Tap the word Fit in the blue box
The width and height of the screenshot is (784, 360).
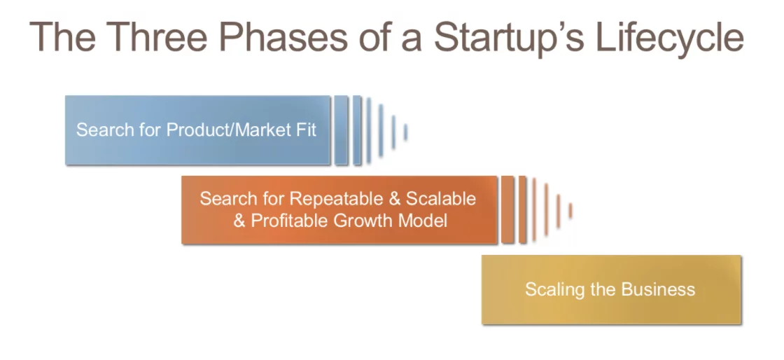tap(305, 130)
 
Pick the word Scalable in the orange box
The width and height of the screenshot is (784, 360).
tap(440, 198)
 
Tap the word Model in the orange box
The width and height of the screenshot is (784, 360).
tap(423, 221)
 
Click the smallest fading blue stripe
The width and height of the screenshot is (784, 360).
tap(405, 132)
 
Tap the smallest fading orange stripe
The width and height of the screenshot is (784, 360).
tap(570, 211)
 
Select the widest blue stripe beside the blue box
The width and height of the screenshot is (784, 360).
tap(341, 130)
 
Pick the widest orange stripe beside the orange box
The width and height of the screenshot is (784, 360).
tap(507, 210)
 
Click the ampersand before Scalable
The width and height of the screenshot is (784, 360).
tap(394, 199)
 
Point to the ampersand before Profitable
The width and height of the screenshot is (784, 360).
tap(239, 221)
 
